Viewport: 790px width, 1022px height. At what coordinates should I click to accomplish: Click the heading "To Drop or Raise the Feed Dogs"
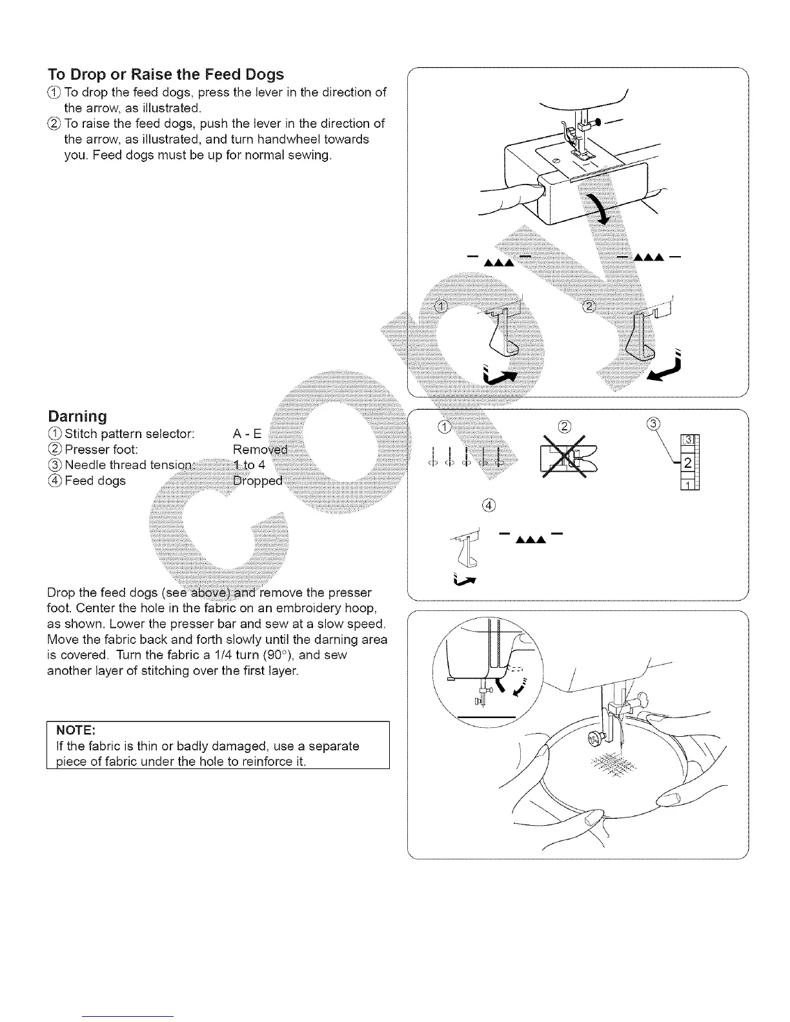[x=166, y=74]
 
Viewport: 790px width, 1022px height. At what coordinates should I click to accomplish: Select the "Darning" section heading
[x=77, y=416]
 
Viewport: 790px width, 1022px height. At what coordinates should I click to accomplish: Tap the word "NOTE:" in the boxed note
[x=76, y=730]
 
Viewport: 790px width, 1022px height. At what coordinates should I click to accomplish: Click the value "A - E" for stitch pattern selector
[x=247, y=434]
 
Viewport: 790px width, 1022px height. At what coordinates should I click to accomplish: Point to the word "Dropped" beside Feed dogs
[x=258, y=481]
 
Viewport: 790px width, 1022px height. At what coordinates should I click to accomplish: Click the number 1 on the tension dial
[x=688, y=485]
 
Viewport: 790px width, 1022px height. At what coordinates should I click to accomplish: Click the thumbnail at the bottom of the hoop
[x=591, y=819]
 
